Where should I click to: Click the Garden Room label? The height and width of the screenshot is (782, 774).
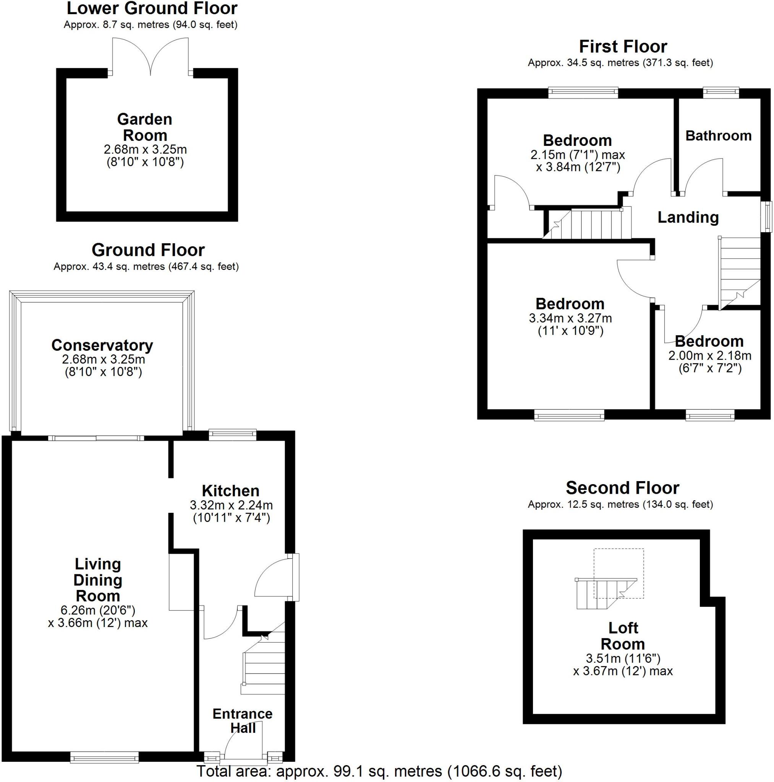[x=144, y=127]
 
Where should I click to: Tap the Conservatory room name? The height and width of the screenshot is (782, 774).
[x=102, y=345]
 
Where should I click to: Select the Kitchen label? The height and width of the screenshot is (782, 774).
[x=230, y=491]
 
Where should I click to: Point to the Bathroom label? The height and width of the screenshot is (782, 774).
[x=718, y=136]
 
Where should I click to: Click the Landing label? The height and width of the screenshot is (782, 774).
[x=688, y=217]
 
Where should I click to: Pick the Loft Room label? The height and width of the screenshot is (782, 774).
[x=622, y=635]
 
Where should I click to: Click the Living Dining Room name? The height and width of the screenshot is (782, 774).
[x=98, y=580]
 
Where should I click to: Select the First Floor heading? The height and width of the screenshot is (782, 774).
[x=622, y=47]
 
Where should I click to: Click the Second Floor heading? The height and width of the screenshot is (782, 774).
[x=622, y=488]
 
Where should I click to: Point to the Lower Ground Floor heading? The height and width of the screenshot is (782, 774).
[x=152, y=8]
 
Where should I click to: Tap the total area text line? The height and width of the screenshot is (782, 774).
[x=379, y=771]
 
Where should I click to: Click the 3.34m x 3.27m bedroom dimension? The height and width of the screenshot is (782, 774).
[x=570, y=318]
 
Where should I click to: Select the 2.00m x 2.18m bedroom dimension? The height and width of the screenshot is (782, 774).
[x=709, y=356]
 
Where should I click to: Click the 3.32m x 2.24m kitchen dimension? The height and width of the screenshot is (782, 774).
[x=231, y=505]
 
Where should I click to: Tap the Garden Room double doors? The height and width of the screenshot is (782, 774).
[x=150, y=57]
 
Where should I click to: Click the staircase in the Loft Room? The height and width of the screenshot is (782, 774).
[x=605, y=593]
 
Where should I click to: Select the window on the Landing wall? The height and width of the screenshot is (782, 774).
[x=766, y=217]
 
